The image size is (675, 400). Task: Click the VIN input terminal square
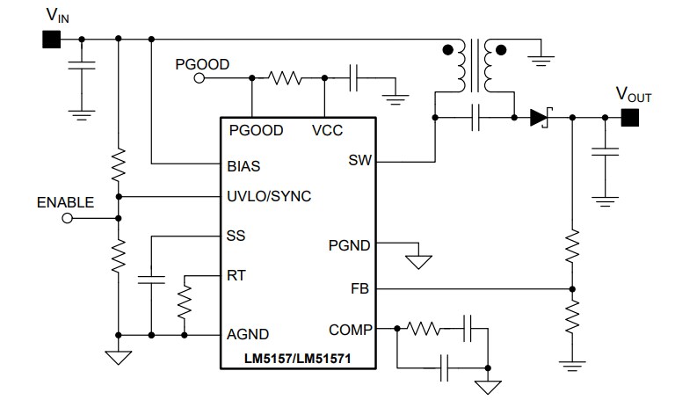click(x=50, y=40)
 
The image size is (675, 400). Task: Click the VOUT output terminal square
click(x=629, y=118)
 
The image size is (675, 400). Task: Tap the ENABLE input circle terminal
click(x=67, y=220)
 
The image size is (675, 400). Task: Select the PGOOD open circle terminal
click(x=199, y=79)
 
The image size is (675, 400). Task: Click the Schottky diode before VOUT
click(x=539, y=118)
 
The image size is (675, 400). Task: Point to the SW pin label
click(x=359, y=161)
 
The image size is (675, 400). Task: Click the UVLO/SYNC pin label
click(x=268, y=196)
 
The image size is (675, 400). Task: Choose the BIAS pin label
click(x=243, y=165)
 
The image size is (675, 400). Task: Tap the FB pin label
click(x=360, y=288)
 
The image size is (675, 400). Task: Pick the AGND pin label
click(x=248, y=334)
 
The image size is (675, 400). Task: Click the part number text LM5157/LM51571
click(x=300, y=359)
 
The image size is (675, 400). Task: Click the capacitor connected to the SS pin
click(x=150, y=281)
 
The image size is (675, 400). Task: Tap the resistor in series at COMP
click(x=425, y=330)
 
